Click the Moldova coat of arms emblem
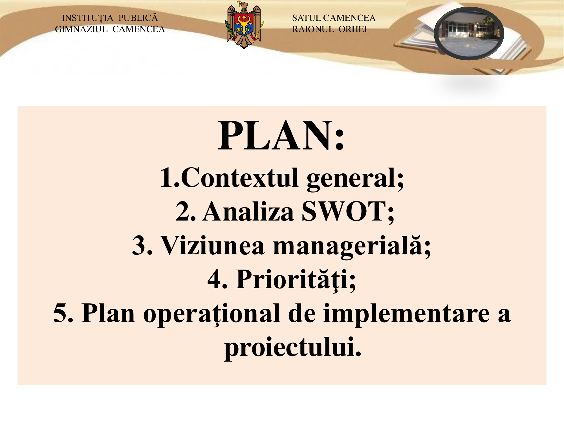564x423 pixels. coord(244,25)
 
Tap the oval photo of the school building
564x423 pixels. coord(469,34)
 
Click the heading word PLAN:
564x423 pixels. coord(281,136)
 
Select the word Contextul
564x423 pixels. coord(240,177)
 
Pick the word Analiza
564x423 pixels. coord(248,211)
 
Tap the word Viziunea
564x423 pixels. coord(212,245)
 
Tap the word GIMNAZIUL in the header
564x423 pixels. coord(81,29)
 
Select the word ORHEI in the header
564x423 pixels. coord(353,29)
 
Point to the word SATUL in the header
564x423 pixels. coord(307,18)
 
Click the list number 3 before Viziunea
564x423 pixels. coord(138,245)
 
